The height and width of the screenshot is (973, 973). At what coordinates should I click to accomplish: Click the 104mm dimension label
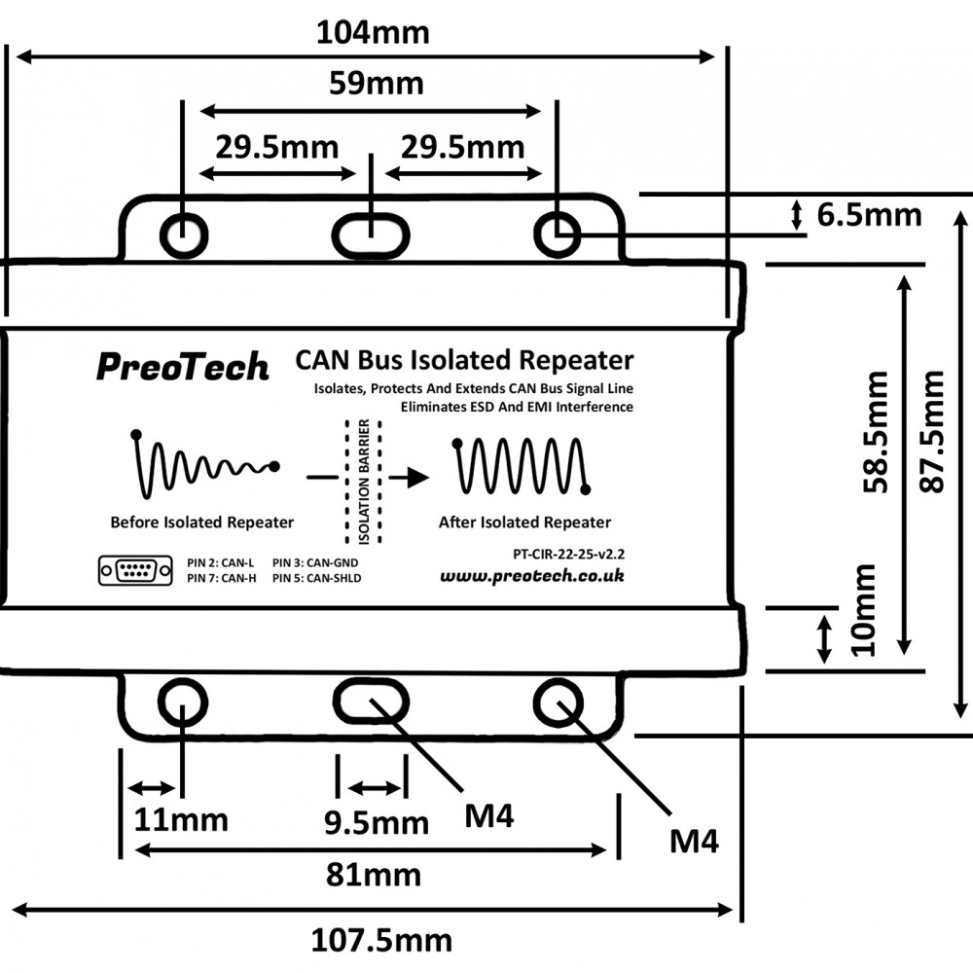tap(373, 32)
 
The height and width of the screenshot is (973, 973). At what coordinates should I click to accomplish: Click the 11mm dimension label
tap(181, 820)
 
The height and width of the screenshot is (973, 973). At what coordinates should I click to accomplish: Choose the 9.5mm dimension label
tap(376, 823)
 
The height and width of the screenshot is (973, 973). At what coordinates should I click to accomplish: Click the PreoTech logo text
tap(182, 367)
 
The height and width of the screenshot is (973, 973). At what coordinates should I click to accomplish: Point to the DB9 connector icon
tap(135, 570)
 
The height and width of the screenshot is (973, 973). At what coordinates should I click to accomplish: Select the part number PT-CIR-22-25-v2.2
tap(567, 554)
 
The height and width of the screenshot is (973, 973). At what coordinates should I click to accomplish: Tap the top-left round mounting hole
tap(183, 234)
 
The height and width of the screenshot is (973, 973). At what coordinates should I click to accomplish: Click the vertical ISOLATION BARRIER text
tap(363, 483)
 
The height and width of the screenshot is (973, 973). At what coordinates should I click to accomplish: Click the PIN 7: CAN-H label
tap(221, 578)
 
